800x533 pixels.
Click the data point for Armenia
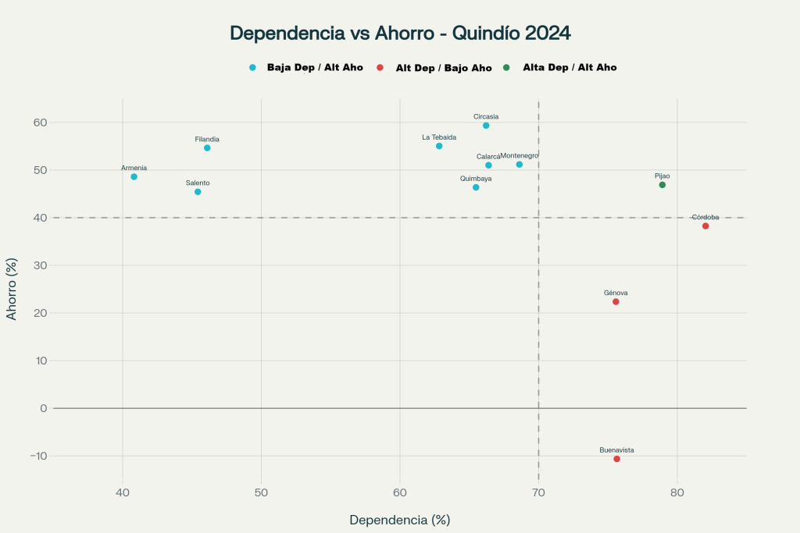134,176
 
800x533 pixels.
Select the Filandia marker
207,147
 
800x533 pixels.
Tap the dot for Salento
198,192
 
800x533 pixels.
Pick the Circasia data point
486,126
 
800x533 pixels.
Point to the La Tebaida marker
439,146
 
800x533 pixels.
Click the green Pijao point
662,185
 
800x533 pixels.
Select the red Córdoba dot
705,226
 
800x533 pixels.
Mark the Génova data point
616,302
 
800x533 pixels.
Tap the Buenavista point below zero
616,459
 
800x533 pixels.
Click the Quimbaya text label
476,179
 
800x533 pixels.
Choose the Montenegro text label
520,155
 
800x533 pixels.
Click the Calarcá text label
488,156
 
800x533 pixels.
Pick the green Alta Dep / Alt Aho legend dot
506,68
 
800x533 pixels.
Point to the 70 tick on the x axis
538,492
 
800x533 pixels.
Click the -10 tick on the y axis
37,456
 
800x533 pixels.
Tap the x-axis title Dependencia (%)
400,520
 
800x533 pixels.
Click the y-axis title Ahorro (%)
12,289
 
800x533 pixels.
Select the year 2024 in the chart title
547,34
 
